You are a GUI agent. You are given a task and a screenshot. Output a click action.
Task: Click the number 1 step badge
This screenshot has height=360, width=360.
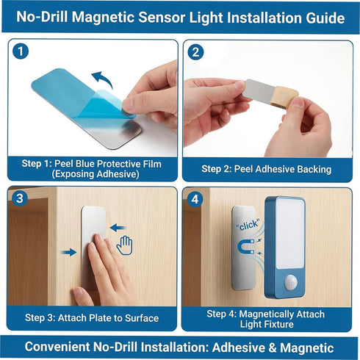21,51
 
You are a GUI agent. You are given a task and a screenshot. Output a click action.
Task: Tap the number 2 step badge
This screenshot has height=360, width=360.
195,52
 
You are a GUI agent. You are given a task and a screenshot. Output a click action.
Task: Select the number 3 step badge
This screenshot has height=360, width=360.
20,198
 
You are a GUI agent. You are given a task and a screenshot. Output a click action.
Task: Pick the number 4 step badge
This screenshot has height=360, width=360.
195,199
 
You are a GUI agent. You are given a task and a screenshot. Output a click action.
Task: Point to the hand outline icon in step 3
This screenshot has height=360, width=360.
124,245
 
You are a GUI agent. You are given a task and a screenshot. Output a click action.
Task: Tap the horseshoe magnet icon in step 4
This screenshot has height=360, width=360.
245,247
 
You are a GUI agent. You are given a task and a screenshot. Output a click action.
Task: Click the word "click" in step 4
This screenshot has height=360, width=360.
248,225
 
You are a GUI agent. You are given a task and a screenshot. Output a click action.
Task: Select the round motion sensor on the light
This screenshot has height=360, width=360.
291,282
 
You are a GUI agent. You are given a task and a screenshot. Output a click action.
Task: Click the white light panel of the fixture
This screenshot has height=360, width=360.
290,234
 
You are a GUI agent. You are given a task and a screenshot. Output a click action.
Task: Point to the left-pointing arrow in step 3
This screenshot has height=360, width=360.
118,228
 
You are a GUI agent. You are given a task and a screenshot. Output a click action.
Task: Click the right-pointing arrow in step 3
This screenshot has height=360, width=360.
69,252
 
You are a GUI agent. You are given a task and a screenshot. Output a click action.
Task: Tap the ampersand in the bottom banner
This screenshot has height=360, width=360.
270,348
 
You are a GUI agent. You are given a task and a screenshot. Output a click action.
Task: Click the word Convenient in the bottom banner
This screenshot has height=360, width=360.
57,347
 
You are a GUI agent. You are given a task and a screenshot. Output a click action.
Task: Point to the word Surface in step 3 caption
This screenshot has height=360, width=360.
142,318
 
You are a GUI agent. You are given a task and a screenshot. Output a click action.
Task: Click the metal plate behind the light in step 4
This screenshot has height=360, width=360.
243,248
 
